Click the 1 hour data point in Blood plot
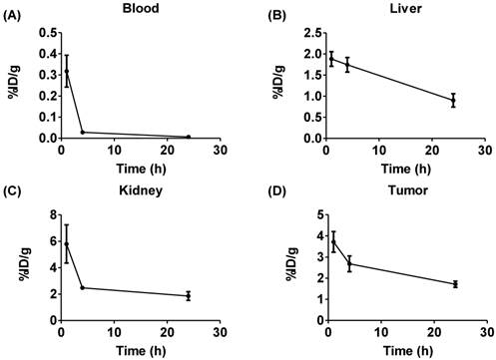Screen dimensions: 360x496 [67, 71]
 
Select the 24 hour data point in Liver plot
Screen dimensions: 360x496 [452, 100]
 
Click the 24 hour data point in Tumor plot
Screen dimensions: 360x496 [454, 284]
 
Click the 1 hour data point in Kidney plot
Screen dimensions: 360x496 [67, 243]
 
